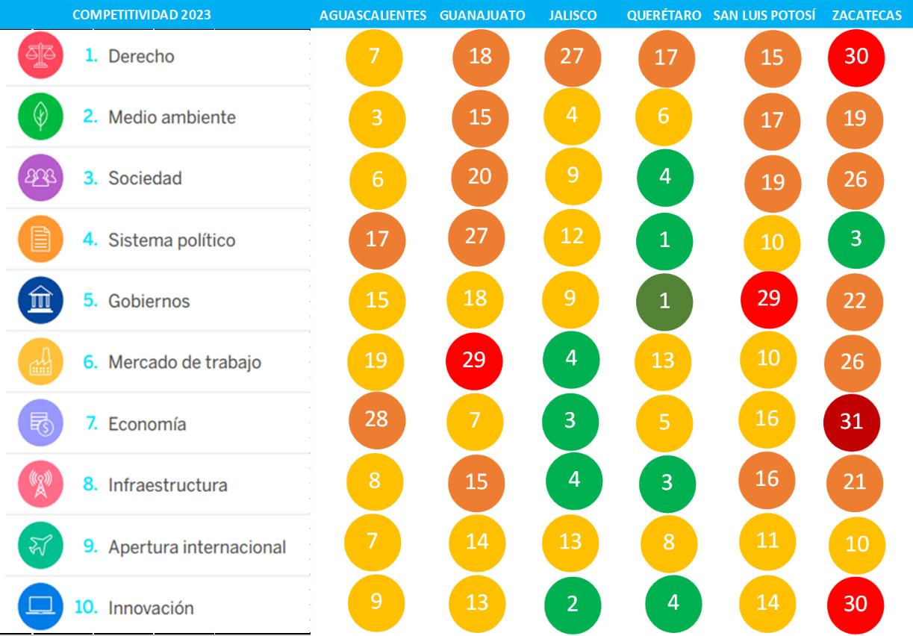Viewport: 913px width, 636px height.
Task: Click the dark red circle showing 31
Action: [852, 421]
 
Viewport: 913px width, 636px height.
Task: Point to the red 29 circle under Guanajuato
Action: [474, 359]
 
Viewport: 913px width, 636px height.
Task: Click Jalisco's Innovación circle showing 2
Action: [571, 604]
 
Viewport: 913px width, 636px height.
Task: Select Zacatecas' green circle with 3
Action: [856, 239]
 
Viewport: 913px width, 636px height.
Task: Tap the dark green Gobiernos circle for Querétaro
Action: [664, 301]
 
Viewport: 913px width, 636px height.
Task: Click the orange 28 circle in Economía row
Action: [376, 419]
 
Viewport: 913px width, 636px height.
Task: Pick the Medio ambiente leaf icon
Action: [36, 117]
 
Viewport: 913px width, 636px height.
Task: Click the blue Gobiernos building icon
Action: [36, 301]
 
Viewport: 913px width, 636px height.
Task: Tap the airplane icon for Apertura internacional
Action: [36, 546]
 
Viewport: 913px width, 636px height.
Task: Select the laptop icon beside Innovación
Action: [36, 608]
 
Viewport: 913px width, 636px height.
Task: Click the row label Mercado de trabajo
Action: [184, 363]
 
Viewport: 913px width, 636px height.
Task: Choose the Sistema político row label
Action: [171, 240]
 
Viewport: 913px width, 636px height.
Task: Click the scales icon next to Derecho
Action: [36, 56]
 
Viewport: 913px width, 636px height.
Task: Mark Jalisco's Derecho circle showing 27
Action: [571, 57]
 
